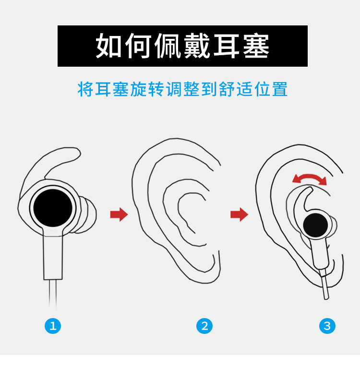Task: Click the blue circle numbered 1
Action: [53, 326]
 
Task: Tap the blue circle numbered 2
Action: [204, 326]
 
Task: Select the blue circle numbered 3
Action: [327, 326]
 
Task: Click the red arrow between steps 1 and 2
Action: [119, 214]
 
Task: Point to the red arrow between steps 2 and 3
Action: [239, 214]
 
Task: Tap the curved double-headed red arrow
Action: [310, 176]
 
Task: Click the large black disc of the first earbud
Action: [53, 208]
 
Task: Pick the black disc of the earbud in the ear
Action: [315, 225]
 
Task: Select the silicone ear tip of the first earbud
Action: [87, 215]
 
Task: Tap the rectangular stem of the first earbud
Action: [53, 258]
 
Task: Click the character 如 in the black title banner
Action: [108, 46]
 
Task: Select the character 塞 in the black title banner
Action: [256, 46]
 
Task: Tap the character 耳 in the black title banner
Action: [227, 46]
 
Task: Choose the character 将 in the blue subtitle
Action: [86, 89]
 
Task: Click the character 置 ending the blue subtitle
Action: [280, 89]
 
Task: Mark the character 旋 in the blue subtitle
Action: [139, 89]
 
